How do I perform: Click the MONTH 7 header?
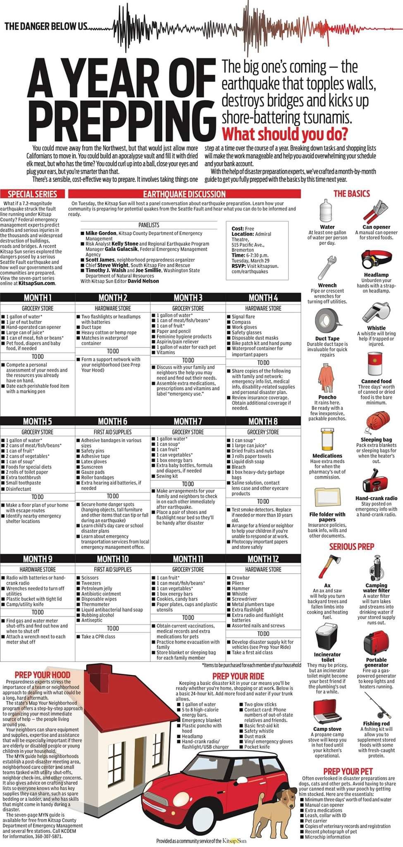pos(188,421)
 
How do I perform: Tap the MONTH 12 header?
pos(263,559)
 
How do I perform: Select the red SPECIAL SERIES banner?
pos(32,194)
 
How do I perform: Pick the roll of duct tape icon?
pos(327,322)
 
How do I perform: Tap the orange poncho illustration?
pos(327,378)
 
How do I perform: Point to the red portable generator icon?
pos(376,642)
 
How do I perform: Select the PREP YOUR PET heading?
pos(348,771)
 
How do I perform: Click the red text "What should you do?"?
pos(285,134)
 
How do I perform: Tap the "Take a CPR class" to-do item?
pos(98,636)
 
